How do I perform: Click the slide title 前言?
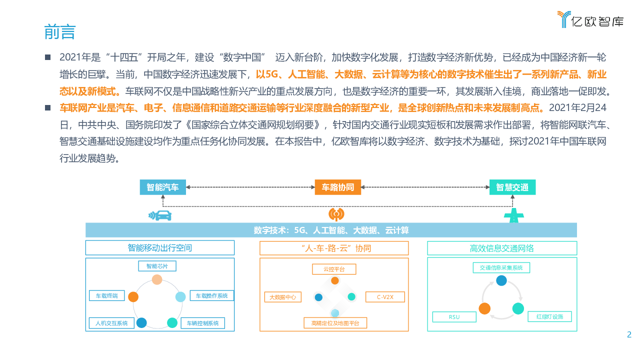tap(59, 32)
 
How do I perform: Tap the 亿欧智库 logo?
tap(590, 20)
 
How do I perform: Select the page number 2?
tap(629, 335)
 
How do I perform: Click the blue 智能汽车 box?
tap(162, 187)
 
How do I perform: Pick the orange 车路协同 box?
tap(337, 187)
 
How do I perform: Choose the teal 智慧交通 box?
tap(512, 187)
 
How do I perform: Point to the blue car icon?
tap(160, 215)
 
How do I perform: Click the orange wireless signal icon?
tap(336, 214)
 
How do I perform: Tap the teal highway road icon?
tap(512, 216)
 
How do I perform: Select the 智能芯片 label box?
tap(157, 266)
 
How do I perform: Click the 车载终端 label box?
tap(106, 295)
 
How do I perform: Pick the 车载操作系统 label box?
tap(211, 295)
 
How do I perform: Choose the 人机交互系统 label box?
tap(111, 323)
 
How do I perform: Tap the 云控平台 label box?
tap(334, 269)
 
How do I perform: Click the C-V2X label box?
tap(385, 297)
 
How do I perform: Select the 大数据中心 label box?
tap(282, 297)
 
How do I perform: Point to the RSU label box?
tap(454, 317)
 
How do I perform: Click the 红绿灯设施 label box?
tap(549, 317)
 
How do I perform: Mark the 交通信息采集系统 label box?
tap(501, 267)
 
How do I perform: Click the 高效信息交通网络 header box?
tap(502, 248)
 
